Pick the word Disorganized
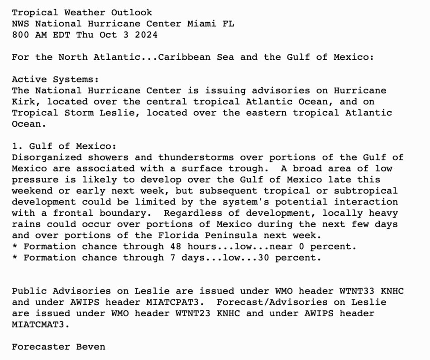coord(47,157)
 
